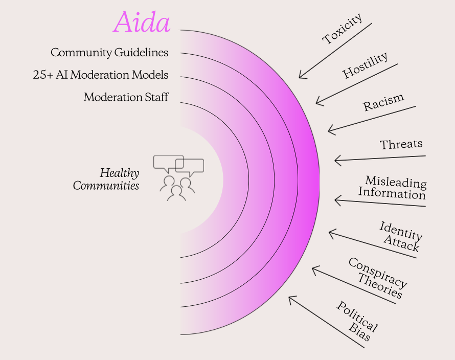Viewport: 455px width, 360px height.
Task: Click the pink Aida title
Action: [x=142, y=22]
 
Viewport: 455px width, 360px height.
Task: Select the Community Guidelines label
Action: [x=109, y=53]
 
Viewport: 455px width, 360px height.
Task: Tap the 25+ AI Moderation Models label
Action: [x=100, y=75]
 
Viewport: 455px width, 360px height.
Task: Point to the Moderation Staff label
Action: [x=126, y=97]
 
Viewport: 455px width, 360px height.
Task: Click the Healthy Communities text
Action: [x=106, y=179]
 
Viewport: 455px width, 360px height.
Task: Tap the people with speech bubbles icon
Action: [x=178, y=178]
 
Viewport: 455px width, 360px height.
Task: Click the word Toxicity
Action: [x=343, y=29]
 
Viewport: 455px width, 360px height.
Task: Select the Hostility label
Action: [x=365, y=65]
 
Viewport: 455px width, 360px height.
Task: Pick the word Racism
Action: [x=383, y=102]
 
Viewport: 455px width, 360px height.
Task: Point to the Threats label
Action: [x=401, y=144]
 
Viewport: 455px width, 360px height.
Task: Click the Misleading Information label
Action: [x=392, y=188]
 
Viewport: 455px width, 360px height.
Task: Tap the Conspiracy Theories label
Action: [x=377, y=278]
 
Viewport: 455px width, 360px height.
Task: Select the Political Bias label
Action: [x=357, y=321]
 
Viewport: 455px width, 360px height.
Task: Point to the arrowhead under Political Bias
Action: [x=289, y=297]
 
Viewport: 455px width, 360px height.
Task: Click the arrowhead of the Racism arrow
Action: [x=328, y=130]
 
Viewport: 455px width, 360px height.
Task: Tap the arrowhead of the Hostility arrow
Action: [x=316, y=103]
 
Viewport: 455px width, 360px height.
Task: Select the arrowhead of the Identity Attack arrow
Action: [x=329, y=232]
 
